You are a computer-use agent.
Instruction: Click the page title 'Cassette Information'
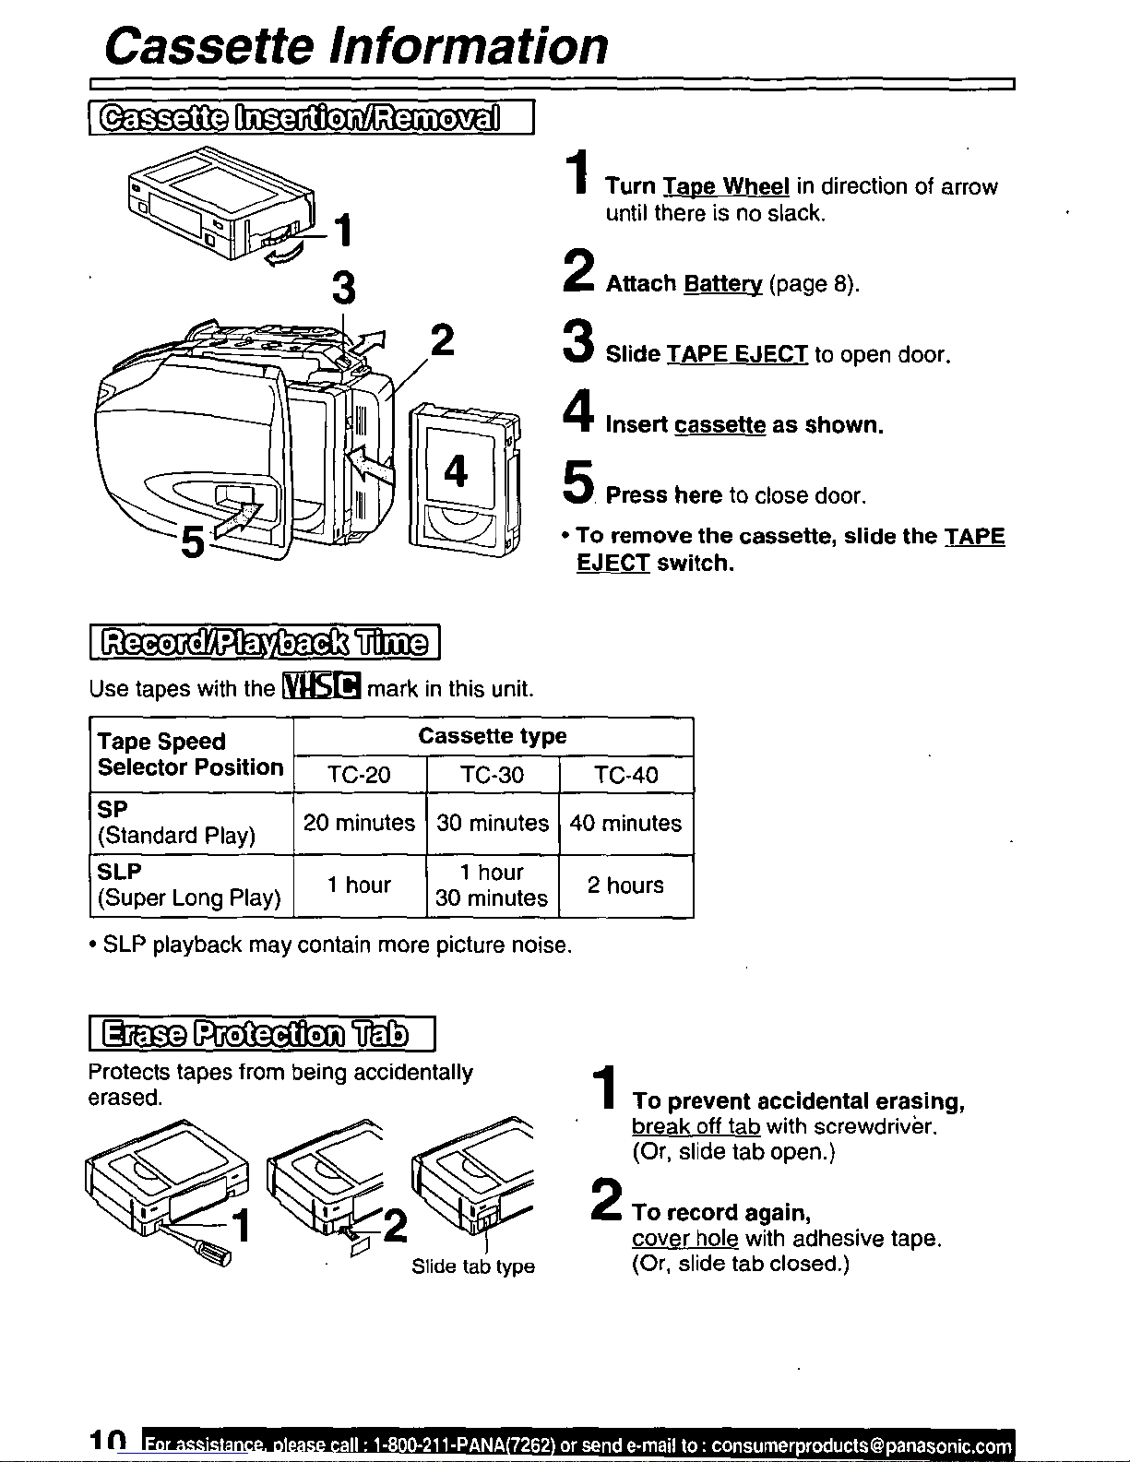(x=356, y=46)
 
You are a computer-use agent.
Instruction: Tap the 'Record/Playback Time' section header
(x=265, y=643)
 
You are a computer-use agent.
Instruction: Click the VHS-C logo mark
(x=322, y=686)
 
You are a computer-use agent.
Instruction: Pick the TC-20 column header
(x=359, y=775)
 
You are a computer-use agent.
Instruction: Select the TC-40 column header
(x=626, y=775)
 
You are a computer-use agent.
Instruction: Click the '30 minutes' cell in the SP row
(x=493, y=823)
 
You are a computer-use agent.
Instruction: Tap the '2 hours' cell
(x=625, y=885)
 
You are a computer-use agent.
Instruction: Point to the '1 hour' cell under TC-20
(x=359, y=885)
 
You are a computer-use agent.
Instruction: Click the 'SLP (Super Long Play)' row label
(x=189, y=885)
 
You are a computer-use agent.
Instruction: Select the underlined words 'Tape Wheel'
(x=727, y=186)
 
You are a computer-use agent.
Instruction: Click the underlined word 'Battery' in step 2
(x=723, y=284)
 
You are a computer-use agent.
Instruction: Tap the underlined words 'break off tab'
(x=696, y=1126)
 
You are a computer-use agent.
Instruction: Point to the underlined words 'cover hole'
(x=685, y=1238)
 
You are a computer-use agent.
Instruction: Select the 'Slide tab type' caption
(x=473, y=1266)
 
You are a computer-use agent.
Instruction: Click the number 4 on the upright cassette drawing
(x=456, y=470)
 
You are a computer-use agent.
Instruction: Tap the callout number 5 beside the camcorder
(x=193, y=541)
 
